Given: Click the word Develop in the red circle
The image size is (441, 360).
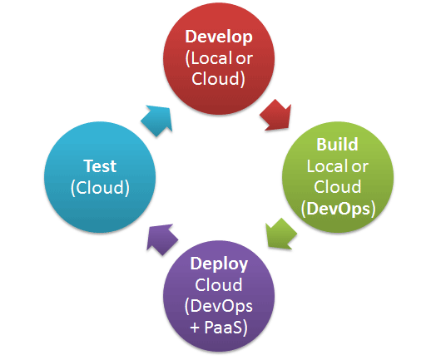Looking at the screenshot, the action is [x=219, y=37].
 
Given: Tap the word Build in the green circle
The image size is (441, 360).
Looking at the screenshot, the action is [x=337, y=144].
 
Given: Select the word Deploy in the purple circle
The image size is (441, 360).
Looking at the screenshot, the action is [x=219, y=264].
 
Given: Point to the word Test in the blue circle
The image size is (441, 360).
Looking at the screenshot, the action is [x=100, y=165].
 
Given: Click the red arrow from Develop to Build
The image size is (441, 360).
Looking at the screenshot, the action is [x=276, y=116].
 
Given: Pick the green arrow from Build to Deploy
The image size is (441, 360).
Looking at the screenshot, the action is [x=281, y=234].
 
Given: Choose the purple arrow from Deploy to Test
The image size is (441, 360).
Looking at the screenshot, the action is [x=162, y=239].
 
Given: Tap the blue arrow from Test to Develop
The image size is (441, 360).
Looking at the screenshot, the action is [x=157, y=121].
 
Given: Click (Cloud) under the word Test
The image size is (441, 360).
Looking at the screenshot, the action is [x=100, y=188].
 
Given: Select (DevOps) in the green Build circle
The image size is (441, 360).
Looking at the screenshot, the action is [x=338, y=209].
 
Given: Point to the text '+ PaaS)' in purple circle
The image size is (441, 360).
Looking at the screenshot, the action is [x=219, y=327].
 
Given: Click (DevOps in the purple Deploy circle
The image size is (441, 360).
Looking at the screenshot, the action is [x=219, y=306].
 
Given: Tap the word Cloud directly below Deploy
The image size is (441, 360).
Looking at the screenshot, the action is [x=219, y=284].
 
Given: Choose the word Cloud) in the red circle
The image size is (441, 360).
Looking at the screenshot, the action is [x=219, y=79].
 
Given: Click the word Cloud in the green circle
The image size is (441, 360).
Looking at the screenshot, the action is [x=338, y=187].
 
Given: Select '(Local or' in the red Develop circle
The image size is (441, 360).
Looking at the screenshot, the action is [x=219, y=58].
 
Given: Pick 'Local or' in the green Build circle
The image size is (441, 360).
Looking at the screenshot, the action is [x=338, y=166].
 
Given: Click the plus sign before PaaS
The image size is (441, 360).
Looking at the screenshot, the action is [x=195, y=328].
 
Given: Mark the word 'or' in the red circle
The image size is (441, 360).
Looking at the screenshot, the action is [x=244, y=59].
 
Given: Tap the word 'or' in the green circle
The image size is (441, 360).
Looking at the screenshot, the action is [x=359, y=167].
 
